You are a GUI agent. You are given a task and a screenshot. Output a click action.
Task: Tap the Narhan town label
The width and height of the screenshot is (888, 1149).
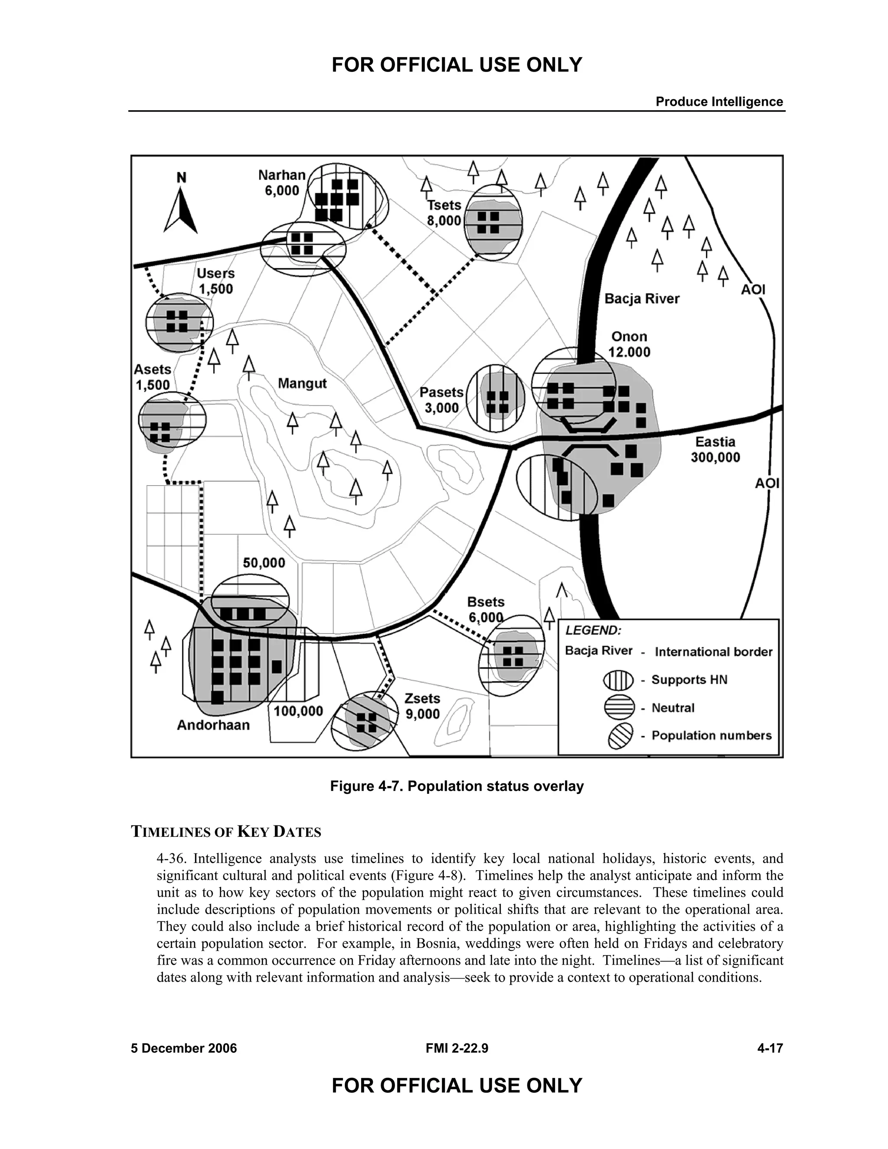pos(282,175)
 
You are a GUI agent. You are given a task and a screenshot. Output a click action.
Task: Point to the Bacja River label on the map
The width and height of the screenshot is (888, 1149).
pos(642,299)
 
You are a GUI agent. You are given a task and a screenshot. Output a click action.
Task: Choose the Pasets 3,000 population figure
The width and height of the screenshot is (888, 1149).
pos(441,408)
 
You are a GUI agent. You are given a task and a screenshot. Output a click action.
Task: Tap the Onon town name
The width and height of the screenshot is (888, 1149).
pos(629,337)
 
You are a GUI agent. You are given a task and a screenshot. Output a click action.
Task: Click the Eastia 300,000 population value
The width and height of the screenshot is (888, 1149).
pos(715,457)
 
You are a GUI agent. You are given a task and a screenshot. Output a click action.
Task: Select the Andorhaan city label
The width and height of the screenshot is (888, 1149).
pos(213,725)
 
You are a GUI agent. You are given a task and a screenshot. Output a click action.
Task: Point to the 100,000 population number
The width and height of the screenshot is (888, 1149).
pos(298,711)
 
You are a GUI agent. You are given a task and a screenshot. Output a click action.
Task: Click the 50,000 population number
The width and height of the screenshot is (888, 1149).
pos(264,563)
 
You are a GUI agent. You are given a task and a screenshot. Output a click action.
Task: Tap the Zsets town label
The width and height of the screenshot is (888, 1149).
pos(422,698)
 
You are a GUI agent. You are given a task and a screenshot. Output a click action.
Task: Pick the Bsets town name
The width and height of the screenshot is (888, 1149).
pos(486,602)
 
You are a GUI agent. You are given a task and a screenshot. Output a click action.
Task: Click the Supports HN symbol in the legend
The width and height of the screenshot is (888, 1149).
pos(618,680)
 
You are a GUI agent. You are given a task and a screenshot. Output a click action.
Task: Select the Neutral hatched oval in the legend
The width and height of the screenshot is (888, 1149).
pos(619,708)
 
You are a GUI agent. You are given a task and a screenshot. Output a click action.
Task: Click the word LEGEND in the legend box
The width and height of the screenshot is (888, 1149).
pos(593,630)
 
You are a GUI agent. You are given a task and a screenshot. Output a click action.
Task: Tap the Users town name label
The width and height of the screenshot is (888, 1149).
pos(215,274)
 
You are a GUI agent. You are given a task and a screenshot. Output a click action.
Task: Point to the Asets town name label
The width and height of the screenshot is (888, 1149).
pos(153,369)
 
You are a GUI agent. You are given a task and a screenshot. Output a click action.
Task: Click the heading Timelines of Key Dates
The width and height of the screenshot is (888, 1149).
pos(225,832)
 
